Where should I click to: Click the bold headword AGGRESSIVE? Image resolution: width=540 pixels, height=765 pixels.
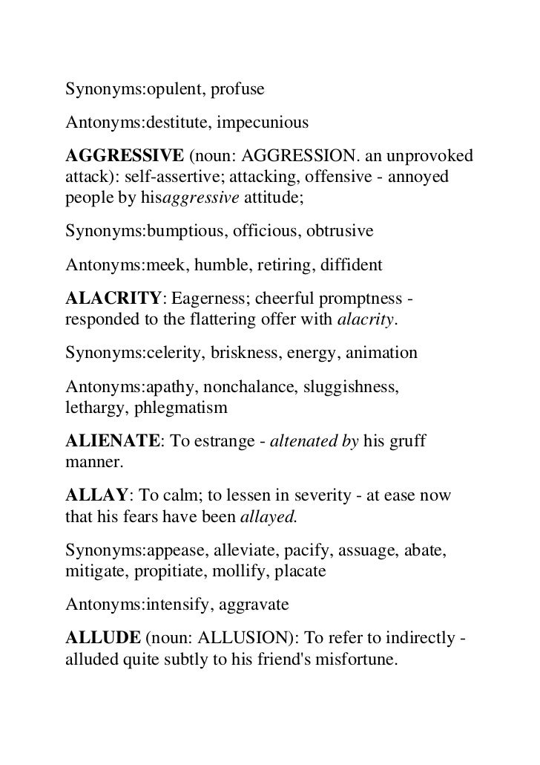(125, 156)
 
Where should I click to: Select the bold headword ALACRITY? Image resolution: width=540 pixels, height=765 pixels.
(113, 299)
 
